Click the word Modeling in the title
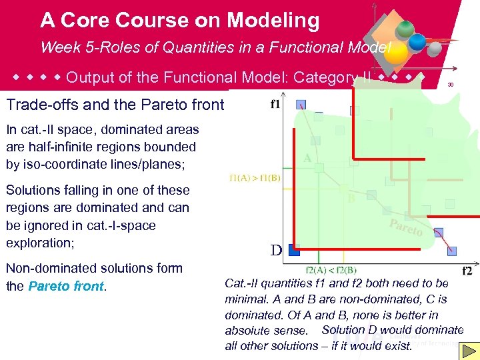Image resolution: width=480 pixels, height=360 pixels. point(273,21)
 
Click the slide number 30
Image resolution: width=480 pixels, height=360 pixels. point(451,85)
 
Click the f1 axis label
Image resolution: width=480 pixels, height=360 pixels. point(275,105)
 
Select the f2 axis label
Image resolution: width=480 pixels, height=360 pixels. point(467,271)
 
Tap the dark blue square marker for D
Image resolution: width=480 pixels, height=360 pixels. point(294,250)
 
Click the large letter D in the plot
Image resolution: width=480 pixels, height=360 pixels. point(276,251)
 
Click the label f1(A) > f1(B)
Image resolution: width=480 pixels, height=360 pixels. point(255,178)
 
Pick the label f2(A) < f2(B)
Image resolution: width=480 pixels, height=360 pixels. point(331,271)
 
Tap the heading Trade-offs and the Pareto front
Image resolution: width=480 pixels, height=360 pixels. point(115,105)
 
